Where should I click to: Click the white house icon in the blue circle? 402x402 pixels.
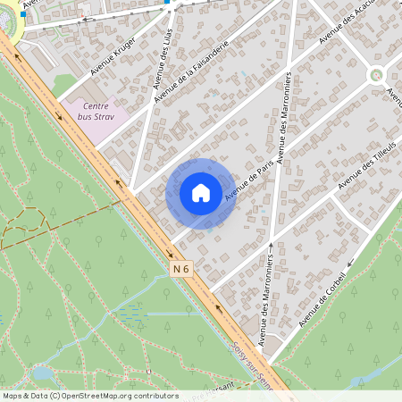pos(201,193)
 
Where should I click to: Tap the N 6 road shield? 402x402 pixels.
pos(181,268)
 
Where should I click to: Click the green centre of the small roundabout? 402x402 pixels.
pos(376,76)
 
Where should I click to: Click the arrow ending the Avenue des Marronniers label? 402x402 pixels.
pos(270,246)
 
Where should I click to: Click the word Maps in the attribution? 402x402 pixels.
pos(13,396)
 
